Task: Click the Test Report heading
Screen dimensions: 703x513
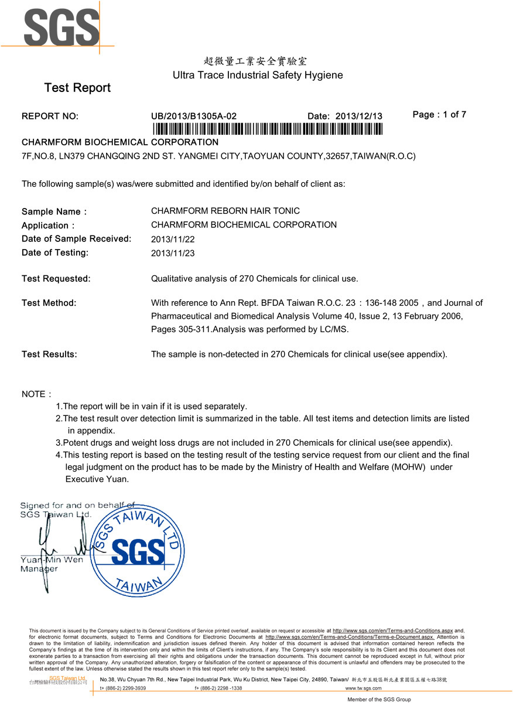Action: pos(77,88)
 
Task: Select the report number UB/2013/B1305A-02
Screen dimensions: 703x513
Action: pos(194,116)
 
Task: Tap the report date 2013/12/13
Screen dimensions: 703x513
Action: pos(358,116)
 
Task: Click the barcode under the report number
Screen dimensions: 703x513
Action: pos(267,129)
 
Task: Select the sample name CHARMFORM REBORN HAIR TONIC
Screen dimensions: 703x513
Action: pos(225,211)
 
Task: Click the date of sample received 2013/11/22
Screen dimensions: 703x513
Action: pos(173,239)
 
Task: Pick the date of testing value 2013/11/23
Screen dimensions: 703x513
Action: pos(173,253)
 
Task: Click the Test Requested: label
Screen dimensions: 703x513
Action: pos(56,279)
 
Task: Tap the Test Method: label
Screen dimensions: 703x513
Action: pos(49,303)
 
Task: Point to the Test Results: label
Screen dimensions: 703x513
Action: pos(49,354)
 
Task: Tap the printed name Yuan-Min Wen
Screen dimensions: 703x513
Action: pos(52,559)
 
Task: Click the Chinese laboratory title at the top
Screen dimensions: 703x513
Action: pos(255,61)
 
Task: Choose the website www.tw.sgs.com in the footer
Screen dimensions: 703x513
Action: pos(363,688)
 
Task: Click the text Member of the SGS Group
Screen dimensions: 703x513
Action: pos(379,699)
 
